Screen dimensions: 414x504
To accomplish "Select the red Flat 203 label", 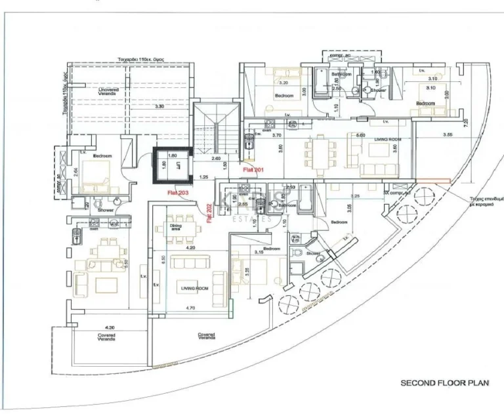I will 178,192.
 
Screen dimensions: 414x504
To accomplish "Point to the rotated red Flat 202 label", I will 209,213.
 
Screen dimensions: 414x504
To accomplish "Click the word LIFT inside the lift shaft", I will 177,167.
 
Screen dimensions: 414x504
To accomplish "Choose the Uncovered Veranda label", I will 107,91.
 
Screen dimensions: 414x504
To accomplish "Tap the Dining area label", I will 175,226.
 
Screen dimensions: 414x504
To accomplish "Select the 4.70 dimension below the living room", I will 190,307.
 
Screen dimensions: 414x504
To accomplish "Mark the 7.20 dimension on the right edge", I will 465,123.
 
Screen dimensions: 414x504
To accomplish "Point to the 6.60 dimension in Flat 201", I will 360,135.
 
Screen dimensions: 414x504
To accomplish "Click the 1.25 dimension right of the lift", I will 204,177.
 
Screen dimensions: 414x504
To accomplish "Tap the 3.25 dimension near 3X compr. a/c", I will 355,196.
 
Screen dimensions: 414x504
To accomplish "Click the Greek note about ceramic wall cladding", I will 486,201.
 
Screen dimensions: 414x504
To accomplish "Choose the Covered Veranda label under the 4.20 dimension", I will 107,337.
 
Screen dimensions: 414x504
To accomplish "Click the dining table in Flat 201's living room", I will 317,155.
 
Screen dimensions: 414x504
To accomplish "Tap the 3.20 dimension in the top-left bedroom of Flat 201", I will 283,83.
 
